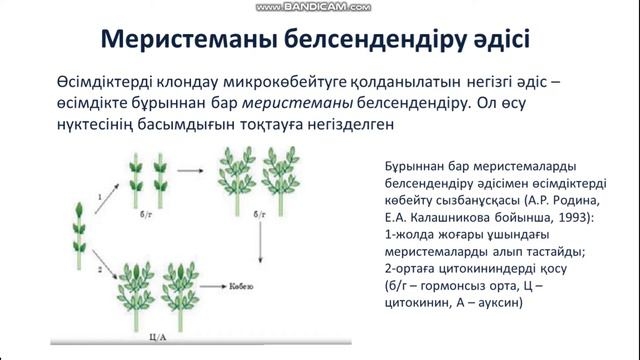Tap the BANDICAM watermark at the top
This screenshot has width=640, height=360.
click(319, 6)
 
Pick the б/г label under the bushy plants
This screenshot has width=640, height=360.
click(258, 215)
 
